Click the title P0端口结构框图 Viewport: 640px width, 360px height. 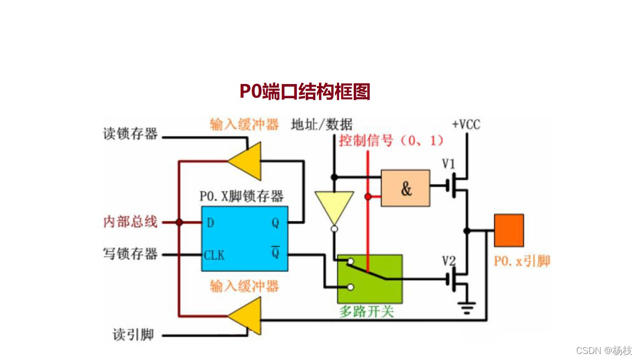(x=304, y=92)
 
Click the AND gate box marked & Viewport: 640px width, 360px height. (x=406, y=188)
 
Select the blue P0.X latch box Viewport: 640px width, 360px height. (x=245, y=238)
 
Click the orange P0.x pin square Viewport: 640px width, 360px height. (x=509, y=230)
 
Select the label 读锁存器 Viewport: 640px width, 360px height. (x=130, y=134)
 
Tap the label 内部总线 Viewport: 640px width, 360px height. (x=130, y=222)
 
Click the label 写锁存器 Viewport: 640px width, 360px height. (x=130, y=254)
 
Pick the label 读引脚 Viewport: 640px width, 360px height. (x=133, y=335)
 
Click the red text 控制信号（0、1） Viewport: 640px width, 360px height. (x=391, y=140)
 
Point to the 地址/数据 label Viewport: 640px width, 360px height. (x=322, y=124)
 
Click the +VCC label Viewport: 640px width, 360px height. (x=466, y=124)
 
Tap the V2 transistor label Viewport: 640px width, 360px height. (x=448, y=261)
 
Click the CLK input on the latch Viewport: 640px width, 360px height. (x=214, y=255)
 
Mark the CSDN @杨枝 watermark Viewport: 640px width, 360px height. (x=604, y=350)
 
